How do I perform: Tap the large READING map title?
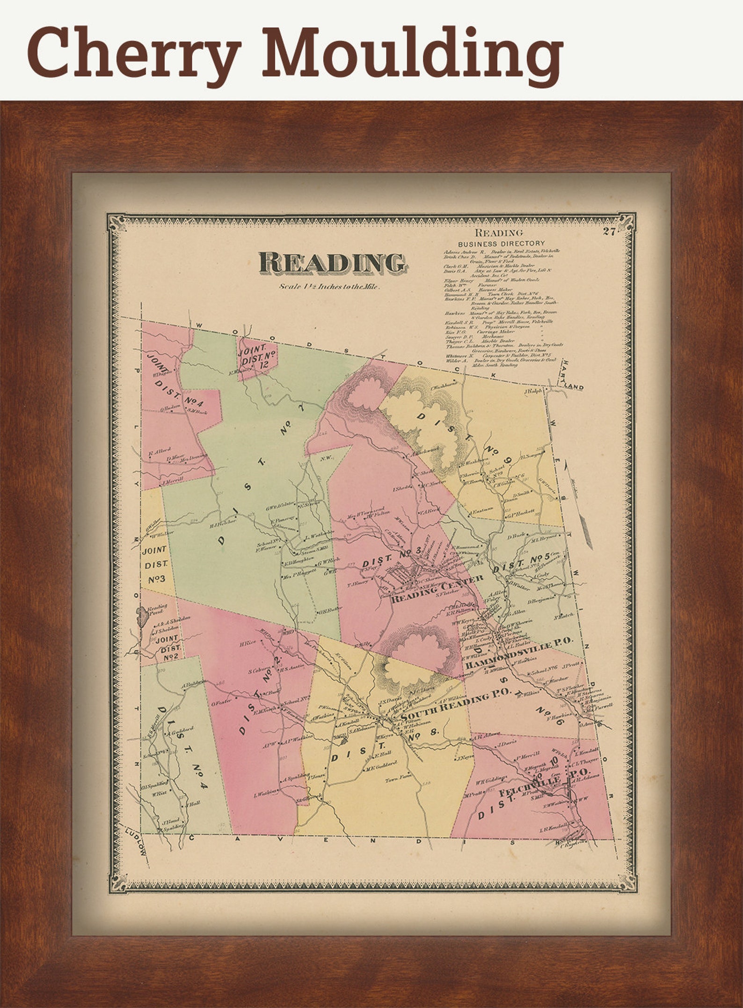point(332,264)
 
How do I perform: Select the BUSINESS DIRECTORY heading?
point(501,244)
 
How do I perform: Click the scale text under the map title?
point(330,287)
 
